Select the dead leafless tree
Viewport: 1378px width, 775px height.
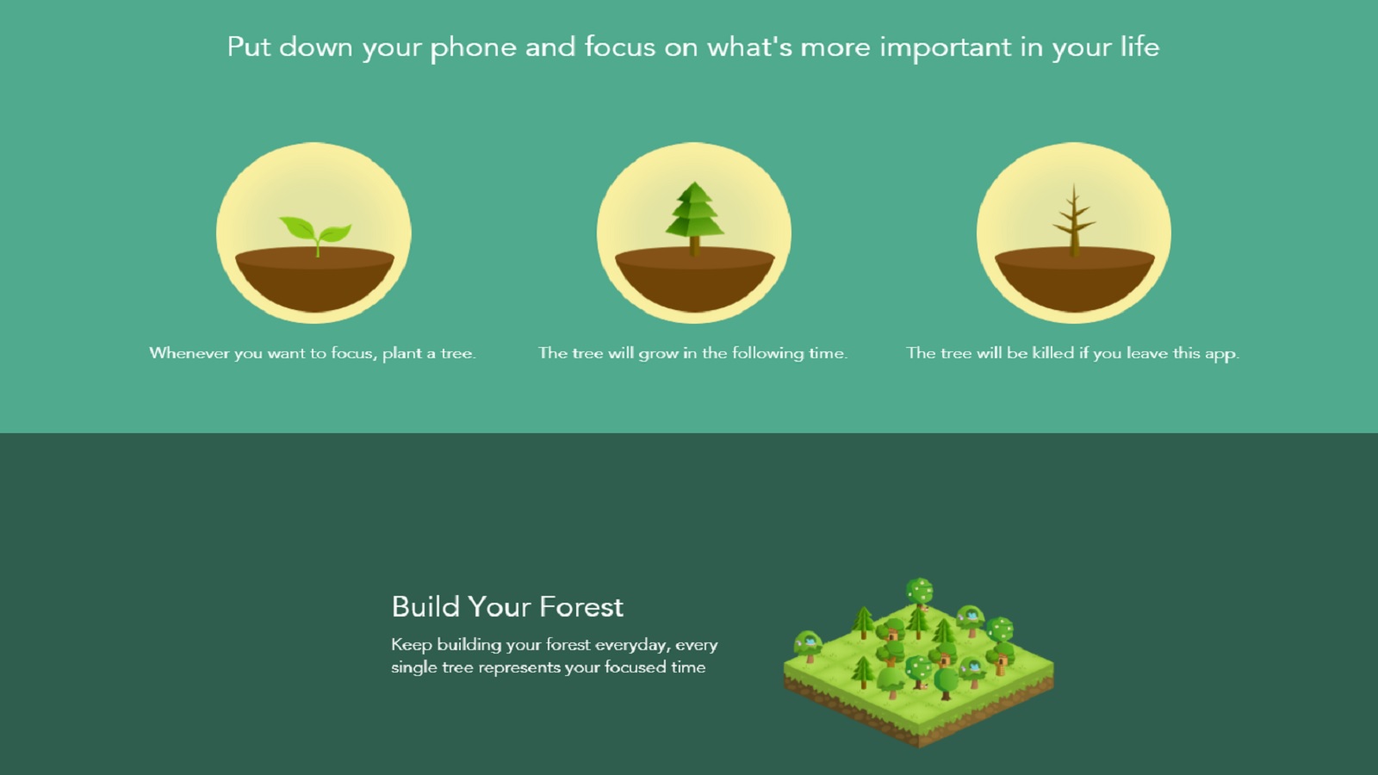(x=1074, y=220)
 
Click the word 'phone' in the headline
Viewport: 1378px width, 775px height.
(x=473, y=48)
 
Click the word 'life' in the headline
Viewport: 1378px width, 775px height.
(x=1139, y=46)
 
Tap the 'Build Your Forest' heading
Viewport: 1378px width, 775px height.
(x=507, y=606)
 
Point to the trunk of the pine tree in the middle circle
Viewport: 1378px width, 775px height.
(x=694, y=246)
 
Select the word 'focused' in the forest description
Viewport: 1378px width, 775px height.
(x=635, y=667)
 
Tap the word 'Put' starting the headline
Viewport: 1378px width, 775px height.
(x=249, y=47)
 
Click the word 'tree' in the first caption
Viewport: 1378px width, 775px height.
(x=457, y=354)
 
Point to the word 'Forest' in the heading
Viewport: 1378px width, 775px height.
(x=580, y=606)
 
